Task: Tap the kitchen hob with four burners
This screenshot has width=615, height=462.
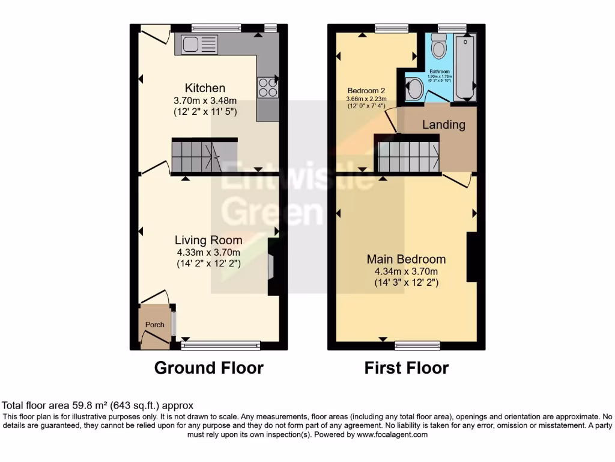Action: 268,88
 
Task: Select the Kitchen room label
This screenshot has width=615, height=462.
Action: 205,88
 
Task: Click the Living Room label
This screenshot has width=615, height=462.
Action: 209,240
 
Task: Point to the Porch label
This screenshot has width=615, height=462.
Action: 155,325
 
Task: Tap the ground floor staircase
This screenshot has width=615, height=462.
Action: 196,156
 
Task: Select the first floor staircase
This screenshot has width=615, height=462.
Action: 408,156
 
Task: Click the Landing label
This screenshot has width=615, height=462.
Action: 443,125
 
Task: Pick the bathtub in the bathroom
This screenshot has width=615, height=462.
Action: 465,67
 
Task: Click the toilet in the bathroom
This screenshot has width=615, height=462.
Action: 439,46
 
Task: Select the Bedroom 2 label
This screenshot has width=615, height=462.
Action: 366,90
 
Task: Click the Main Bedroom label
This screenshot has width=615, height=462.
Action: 407,259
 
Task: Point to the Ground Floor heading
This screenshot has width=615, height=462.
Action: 208,368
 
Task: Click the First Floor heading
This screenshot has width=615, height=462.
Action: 407,368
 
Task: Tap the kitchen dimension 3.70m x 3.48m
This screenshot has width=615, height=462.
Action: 205,100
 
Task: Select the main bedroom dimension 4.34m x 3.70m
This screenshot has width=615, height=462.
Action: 407,271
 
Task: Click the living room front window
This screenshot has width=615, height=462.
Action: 221,345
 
